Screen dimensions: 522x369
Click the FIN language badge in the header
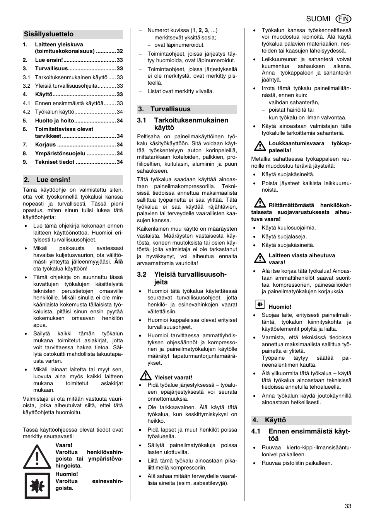tap(343, 19)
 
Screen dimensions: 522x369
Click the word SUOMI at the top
tap(318, 19)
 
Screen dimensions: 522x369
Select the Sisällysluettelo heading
tap(49, 34)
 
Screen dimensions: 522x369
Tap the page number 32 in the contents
tap(120, 51)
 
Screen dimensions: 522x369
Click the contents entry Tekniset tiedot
tap(55, 162)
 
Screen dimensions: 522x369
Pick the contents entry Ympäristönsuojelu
tap(60, 153)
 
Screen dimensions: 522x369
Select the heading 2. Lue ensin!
tap(48, 180)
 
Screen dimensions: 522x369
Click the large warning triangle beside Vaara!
tap(37, 457)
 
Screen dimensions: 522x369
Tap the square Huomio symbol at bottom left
tap(37, 486)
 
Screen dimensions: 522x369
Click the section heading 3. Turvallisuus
tap(171, 109)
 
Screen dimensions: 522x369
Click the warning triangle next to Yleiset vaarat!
tap(145, 376)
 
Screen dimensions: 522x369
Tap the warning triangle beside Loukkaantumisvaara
tap(260, 146)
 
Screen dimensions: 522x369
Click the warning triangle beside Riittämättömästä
tap(260, 203)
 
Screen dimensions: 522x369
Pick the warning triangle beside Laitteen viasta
tap(260, 258)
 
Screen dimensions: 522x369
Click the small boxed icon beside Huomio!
tap(260, 304)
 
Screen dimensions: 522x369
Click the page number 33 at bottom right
tap(348, 506)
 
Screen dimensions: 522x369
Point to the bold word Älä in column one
tap(118, 262)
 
